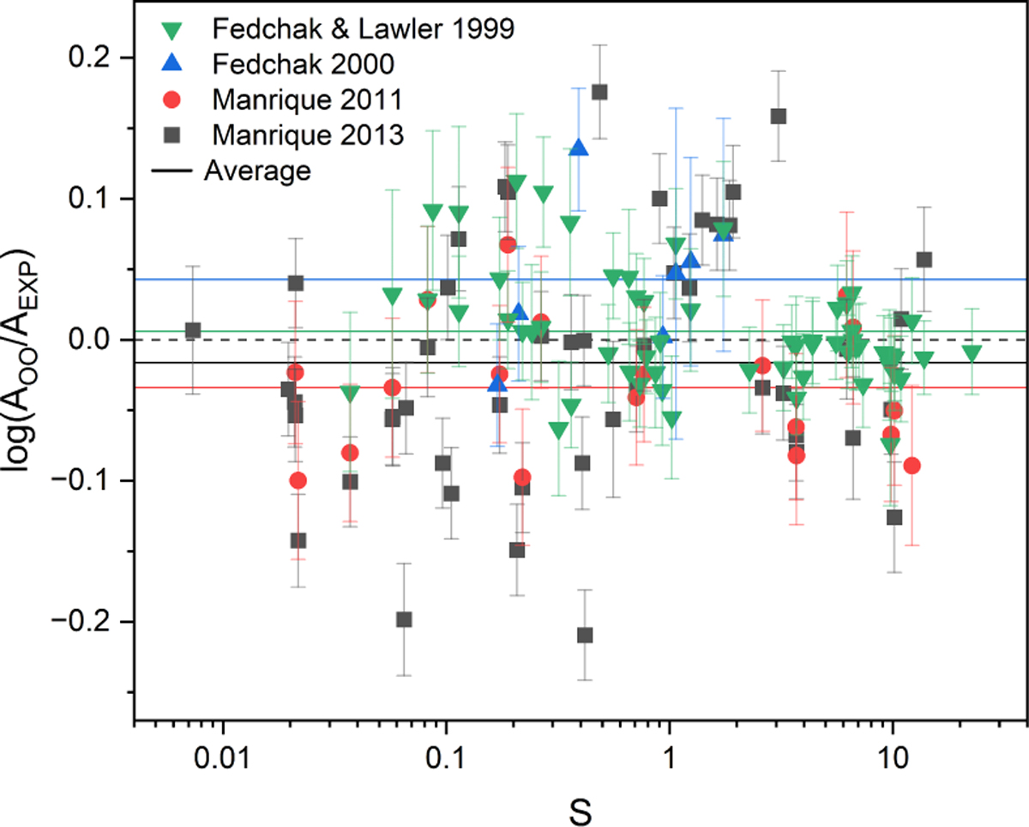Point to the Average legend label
point(257,170)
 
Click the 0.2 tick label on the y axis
point(99,58)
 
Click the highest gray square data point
point(599,92)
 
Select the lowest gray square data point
point(585,635)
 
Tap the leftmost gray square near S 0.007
point(193,330)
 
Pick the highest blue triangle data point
point(579,148)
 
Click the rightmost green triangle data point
point(972,352)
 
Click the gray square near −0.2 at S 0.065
point(404,619)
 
